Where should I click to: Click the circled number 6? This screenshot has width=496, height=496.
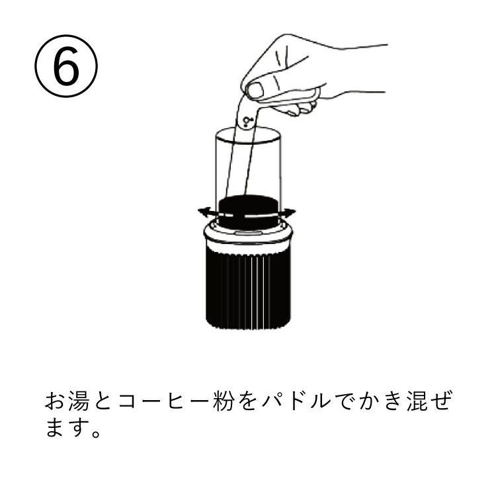point(66,65)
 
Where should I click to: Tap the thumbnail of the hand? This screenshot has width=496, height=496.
point(255,91)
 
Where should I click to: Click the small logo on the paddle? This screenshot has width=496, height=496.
point(247,122)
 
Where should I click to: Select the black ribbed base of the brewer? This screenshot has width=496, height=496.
point(248,286)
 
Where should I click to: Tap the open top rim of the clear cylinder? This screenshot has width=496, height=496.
point(248,135)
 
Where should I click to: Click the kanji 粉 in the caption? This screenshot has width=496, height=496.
point(224,401)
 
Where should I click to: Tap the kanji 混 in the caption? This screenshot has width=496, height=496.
point(417,401)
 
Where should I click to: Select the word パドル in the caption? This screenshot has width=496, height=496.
point(296,401)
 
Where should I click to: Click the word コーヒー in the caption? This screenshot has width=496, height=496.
point(163,401)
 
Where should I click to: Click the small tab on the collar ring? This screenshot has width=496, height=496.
point(249,233)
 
